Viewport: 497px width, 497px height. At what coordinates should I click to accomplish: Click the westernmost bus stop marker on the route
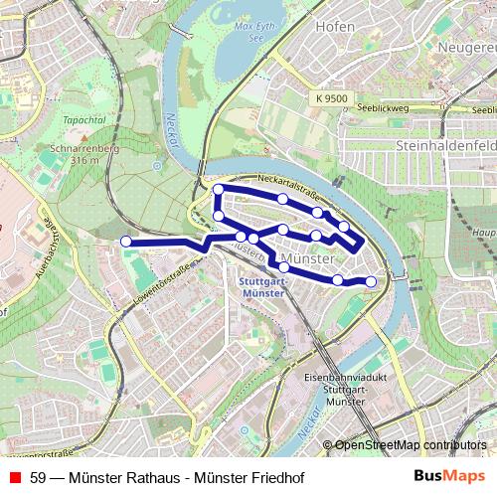tap(126, 242)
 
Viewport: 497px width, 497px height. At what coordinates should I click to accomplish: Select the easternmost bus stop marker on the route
tap(372, 281)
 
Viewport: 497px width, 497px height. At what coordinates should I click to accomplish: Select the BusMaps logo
tap(450, 476)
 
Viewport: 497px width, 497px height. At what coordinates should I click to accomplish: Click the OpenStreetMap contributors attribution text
tap(411, 446)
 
